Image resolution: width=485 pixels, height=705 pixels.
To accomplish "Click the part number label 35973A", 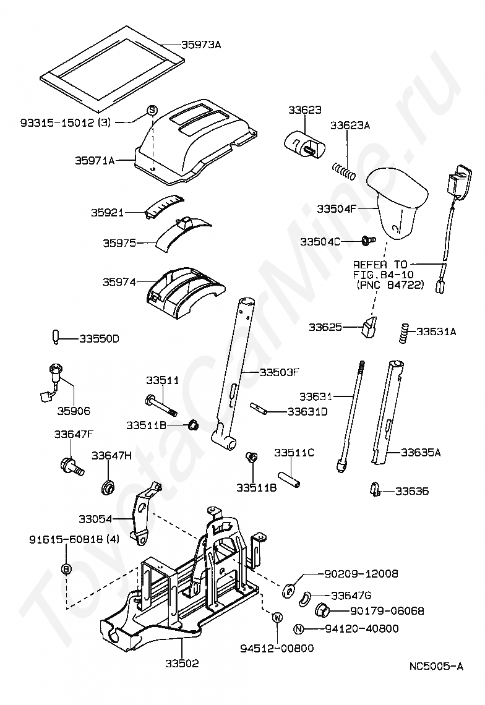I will click(201, 45).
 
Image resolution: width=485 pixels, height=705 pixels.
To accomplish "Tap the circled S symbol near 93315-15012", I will click(152, 111).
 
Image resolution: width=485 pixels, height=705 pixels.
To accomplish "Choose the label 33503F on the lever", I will click(279, 372).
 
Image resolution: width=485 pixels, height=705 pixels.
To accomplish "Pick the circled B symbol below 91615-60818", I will click(67, 568).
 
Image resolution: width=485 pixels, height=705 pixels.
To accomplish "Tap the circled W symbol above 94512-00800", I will click(277, 617).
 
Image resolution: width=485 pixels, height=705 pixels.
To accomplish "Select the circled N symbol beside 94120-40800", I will click(299, 630).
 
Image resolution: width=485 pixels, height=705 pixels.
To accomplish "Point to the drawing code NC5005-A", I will click(436, 666).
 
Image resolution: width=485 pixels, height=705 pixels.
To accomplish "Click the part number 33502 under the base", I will click(182, 664).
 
